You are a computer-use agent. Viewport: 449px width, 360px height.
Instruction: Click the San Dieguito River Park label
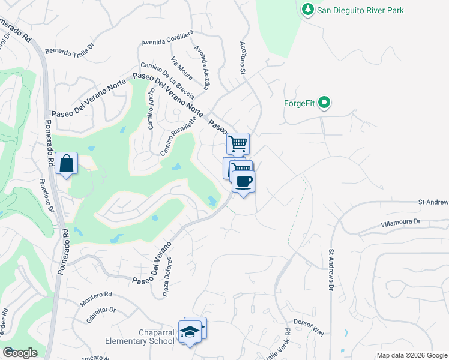coord(360,10)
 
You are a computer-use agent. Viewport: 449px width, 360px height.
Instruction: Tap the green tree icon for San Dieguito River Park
coord(308,10)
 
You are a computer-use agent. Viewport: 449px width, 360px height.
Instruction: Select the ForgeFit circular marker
coord(325,103)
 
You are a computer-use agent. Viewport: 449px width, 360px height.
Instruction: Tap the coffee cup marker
coord(243,181)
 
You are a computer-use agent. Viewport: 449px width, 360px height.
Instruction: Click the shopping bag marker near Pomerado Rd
coord(66,163)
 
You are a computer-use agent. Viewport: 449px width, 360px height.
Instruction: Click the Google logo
coord(20,353)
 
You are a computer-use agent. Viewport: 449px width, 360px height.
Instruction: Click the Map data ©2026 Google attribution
coord(411,355)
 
